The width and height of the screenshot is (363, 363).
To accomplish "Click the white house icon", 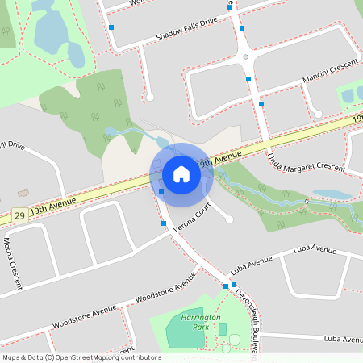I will click(x=181, y=173).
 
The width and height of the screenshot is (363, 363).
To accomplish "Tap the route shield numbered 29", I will click(x=19, y=216).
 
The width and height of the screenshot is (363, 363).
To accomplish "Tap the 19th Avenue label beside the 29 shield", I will click(x=52, y=211).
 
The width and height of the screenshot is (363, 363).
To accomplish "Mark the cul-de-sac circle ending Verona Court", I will click(x=229, y=219).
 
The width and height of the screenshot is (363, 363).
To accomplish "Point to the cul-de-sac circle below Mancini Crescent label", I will click(x=318, y=114).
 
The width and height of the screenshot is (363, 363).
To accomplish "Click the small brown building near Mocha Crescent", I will click(x=23, y=194).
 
